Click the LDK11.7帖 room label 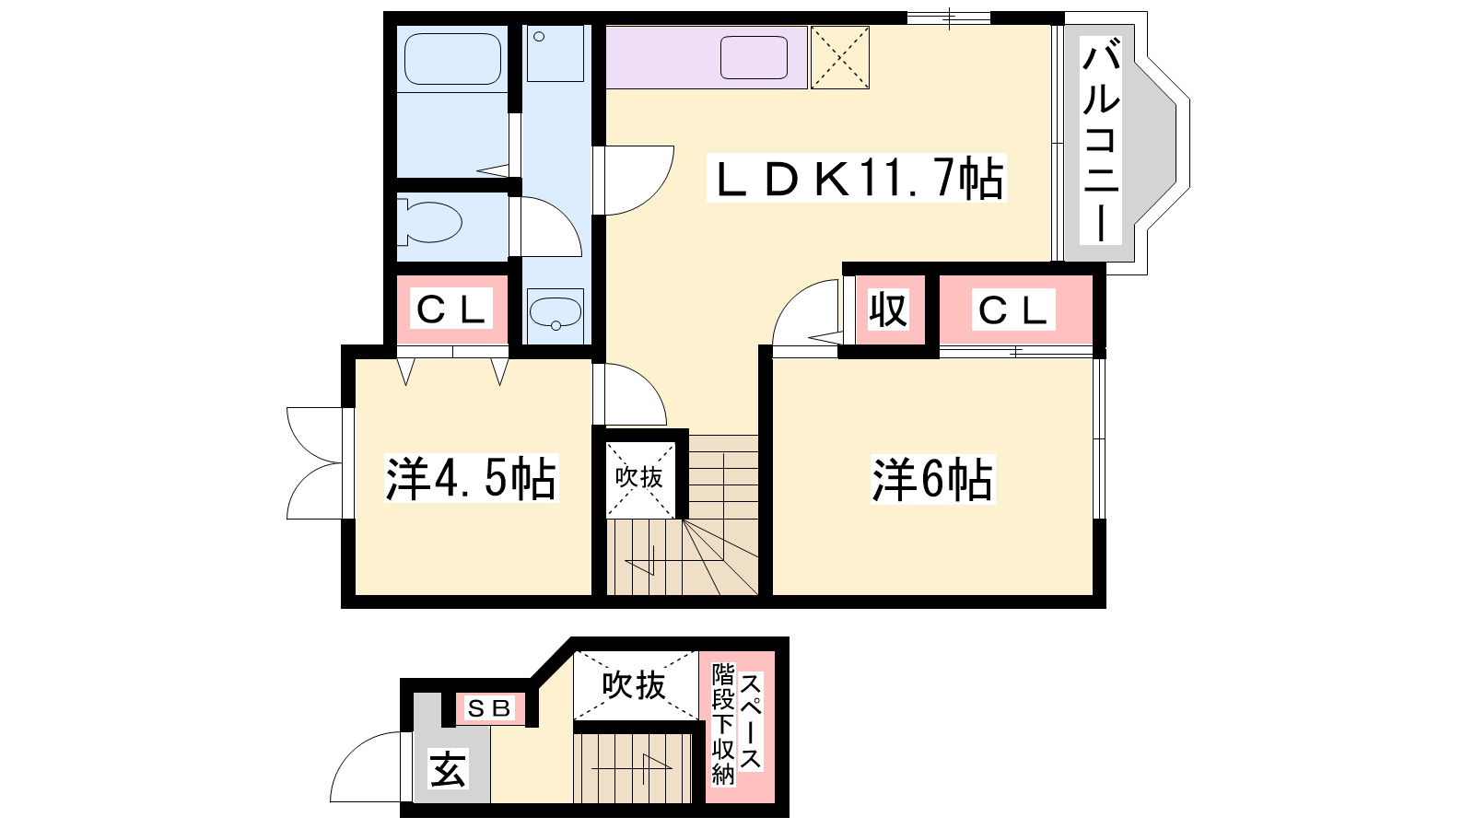(x=856, y=178)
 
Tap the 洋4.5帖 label (x=471, y=478)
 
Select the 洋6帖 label (x=932, y=479)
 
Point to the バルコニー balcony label (x=1101, y=140)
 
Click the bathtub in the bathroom (x=452, y=59)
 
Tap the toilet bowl (x=429, y=222)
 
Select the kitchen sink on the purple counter (x=755, y=57)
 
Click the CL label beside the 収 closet (x=1013, y=309)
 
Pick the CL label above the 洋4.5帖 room (x=452, y=309)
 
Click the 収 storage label (x=888, y=309)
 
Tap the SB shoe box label (x=489, y=708)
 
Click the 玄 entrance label (x=448, y=768)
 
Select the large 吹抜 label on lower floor (x=635, y=685)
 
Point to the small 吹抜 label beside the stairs (x=639, y=478)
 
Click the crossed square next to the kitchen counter (x=839, y=57)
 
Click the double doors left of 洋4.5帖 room (x=314, y=463)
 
